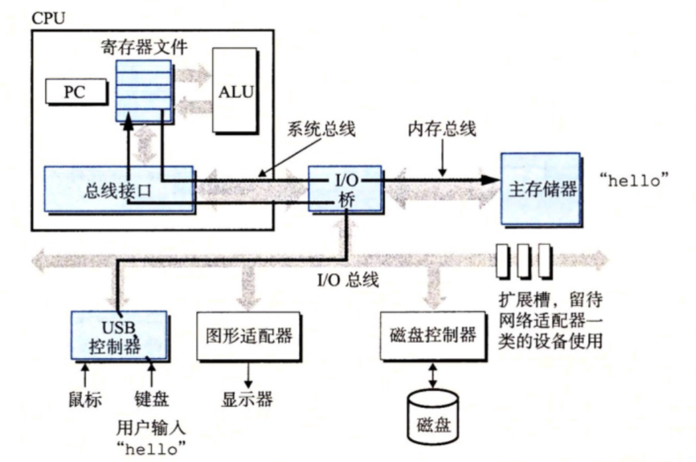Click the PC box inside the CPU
(x=74, y=91)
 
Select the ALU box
(x=236, y=90)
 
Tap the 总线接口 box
(x=119, y=190)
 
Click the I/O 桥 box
(x=344, y=189)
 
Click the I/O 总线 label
(x=348, y=279)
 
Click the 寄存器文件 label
(x=144, y=47)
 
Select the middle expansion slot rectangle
(x=523, y=261)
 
